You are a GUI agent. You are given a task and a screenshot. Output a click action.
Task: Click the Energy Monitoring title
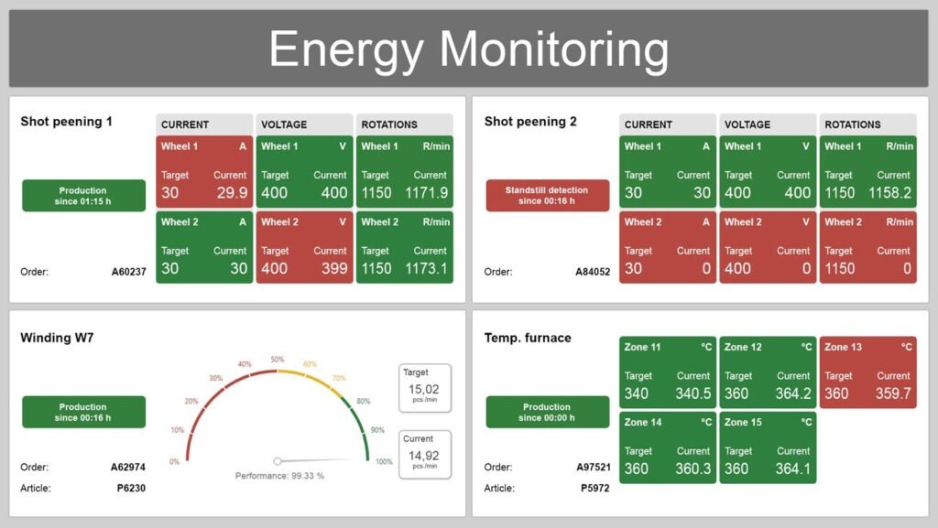(468, 48)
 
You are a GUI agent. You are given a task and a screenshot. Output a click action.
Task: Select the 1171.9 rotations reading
(427, 193)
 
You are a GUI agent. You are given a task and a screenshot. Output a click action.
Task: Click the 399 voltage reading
(334, 269)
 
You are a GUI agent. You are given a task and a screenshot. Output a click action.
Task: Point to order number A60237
(128, 272)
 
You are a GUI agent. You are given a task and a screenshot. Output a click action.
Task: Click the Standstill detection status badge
(547, 196)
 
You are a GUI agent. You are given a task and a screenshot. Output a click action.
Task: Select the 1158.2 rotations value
(890, 193)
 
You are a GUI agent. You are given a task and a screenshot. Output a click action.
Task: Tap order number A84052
(593, 272)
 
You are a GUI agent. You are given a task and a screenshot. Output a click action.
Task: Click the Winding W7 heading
(57, 338)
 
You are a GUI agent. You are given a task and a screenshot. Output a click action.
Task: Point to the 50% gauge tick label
(277, 360)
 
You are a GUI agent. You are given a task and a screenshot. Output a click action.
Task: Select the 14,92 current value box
(425, 455)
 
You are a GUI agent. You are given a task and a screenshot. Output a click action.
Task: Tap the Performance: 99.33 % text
(279, 476)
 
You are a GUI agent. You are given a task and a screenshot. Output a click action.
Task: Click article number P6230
(130, 488)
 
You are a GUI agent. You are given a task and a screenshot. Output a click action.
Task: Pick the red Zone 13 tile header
(867, 348)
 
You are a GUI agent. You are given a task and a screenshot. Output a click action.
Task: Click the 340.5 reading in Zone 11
(693, 393)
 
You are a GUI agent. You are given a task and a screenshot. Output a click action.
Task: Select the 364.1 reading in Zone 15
(793, 469)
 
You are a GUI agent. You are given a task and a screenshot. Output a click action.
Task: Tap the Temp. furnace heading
(527, 338)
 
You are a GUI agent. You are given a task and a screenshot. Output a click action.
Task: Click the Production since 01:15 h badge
(83, 196)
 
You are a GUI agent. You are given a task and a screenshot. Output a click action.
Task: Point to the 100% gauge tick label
(384, 461)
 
